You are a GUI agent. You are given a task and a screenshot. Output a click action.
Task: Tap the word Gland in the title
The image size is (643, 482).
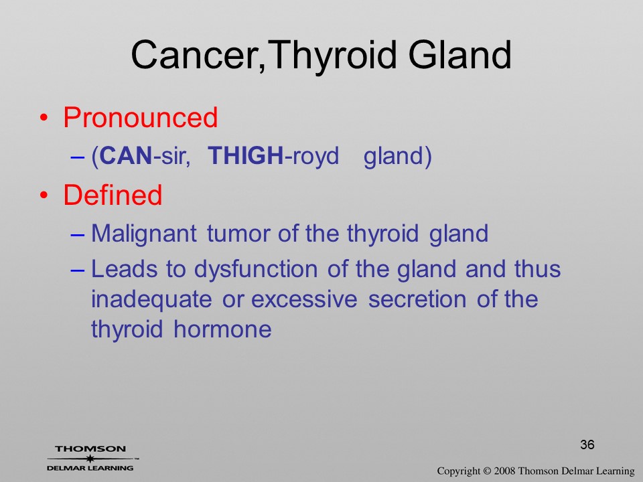coord(459,54)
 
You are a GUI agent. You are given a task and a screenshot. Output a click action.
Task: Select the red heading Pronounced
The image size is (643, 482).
coord(140,118)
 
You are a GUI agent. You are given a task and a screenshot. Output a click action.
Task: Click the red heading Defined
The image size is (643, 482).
coord(113,195)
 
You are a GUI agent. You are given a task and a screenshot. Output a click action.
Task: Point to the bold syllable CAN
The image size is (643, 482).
coord(126,156)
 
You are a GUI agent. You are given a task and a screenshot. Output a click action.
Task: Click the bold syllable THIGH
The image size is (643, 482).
coord(246,156)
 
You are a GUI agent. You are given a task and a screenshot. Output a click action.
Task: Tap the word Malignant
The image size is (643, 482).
coord(144,234)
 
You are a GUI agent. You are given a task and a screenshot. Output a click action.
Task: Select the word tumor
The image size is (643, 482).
coord(240,234)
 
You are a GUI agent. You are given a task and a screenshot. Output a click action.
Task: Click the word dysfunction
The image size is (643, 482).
coord(256,270)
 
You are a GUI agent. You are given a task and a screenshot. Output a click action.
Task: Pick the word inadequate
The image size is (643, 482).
coord(151,300)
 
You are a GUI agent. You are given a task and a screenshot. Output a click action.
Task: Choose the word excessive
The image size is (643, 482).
coord(304,300)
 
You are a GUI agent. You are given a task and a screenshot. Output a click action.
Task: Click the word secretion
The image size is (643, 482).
coord(417,300)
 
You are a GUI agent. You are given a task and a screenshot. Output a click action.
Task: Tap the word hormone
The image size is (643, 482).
coord(222,329)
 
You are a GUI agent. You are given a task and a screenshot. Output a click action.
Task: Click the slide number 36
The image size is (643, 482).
coord(587,445)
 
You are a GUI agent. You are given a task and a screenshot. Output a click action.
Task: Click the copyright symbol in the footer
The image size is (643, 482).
coord(487,471)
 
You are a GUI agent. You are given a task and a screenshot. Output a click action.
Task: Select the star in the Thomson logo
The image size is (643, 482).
coord(90,459)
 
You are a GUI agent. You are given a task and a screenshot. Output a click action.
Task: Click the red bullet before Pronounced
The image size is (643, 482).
coord(44,118)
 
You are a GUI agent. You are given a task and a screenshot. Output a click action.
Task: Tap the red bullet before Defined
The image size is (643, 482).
coord(44,195)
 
